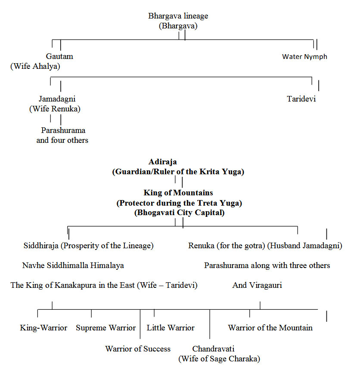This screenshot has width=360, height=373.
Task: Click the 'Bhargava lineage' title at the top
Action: pos(178,16)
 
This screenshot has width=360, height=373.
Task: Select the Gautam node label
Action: pos(59,56)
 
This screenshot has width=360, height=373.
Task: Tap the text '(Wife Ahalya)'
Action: pos(35,66)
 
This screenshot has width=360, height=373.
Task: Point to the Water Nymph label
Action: pos(304,56)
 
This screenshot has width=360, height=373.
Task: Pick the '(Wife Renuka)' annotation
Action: pos(55,109)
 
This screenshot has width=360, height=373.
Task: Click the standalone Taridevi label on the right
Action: pos(301,99)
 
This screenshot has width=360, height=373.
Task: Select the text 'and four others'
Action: pos(62,140)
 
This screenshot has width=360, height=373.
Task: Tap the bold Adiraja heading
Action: pos(163,162)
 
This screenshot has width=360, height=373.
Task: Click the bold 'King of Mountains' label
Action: pos(178,193)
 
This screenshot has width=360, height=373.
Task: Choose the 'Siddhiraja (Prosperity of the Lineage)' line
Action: pos(89,246)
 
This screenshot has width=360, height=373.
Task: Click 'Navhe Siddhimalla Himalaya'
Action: pos(73,265)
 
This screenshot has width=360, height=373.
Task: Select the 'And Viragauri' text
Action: pos(257,285)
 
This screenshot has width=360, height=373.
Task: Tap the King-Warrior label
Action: pos(43,328)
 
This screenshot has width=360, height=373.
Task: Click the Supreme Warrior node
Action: pos(106,328)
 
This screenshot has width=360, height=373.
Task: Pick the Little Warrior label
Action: pos(171,328)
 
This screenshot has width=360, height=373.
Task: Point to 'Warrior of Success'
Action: pos(138,349)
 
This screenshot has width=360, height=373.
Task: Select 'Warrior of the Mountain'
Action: pos(270,328)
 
